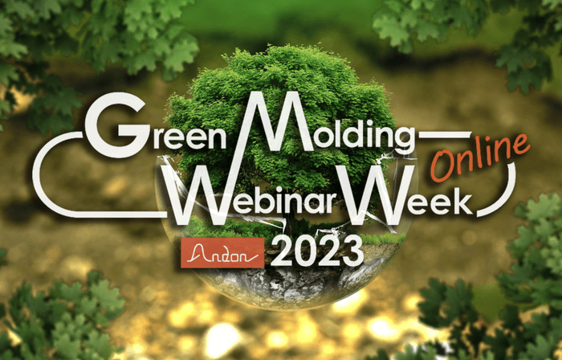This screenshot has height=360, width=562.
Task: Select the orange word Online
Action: point(481,157)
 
